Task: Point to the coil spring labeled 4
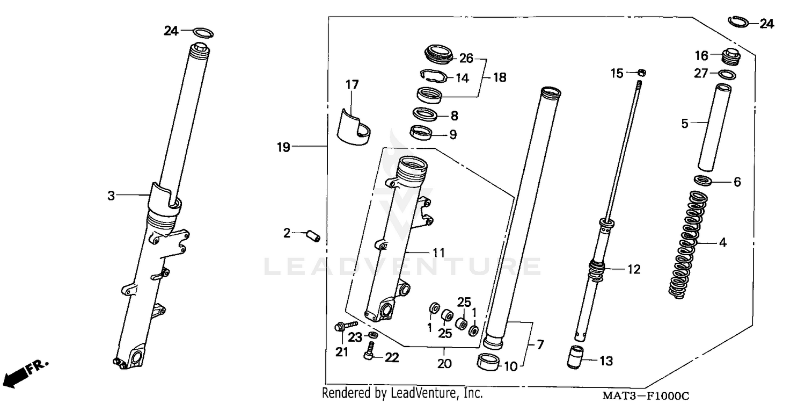click(688, 244)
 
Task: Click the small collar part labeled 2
click(312, 235)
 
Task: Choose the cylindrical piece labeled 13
click(577, 357)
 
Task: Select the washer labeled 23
click(373, 336)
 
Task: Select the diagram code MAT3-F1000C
click(645, 396)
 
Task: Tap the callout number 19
click(283, 147)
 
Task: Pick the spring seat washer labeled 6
click(703, 180)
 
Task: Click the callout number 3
click(111, 196)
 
